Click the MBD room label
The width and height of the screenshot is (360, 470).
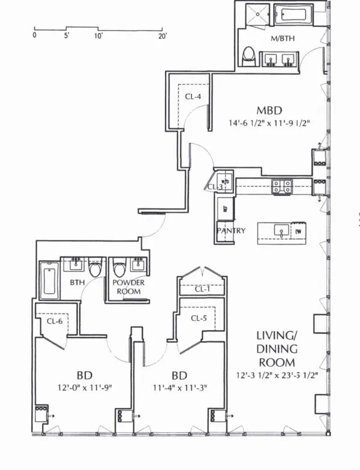269,110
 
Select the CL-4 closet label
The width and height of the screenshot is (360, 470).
193,96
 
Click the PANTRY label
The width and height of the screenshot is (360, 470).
232,230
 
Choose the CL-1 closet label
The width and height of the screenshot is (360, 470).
202,289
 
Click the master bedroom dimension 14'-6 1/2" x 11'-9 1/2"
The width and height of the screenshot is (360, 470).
269,124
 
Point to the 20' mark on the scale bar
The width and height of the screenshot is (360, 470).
162,36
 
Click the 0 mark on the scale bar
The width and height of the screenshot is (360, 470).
34,36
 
